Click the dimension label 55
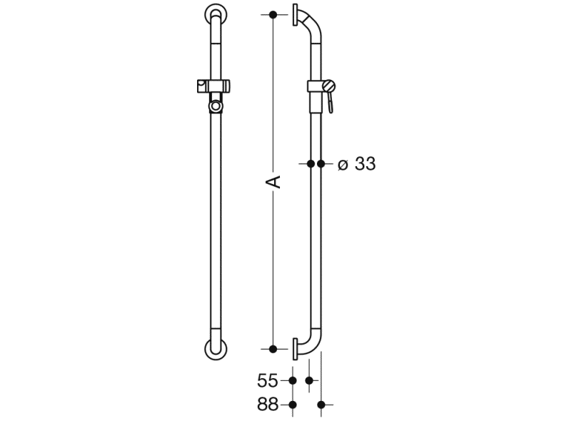(x=268, y=381)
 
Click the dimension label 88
(x=268, y=405)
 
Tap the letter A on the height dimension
(x=273, y=182)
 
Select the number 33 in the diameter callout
(x=366, y=163)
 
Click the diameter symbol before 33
(x=343, y=165)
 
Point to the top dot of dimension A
(x=273, y=15)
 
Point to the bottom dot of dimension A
(x=273, y=350)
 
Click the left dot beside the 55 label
(x=293, y=381)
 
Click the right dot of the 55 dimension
(x=309, y=381)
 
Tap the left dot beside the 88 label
(x=293, y=405)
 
